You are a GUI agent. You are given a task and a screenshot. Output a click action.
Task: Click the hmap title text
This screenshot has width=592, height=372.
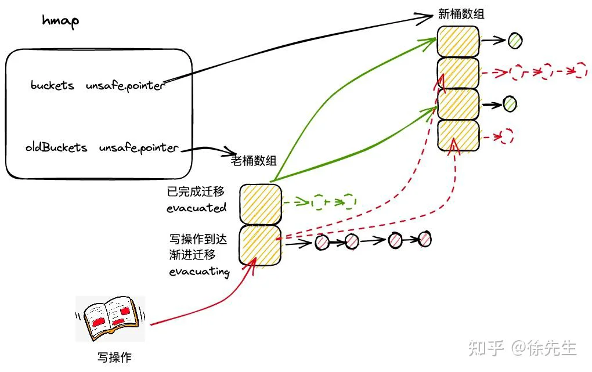60,21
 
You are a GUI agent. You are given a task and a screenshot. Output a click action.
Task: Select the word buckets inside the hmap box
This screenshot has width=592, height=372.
52,85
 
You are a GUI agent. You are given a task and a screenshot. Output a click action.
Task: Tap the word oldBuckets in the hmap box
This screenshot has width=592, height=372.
56,147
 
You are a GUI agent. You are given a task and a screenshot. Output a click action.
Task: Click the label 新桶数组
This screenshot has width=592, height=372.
461,14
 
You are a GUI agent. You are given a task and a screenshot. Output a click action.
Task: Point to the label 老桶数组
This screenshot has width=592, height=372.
254,161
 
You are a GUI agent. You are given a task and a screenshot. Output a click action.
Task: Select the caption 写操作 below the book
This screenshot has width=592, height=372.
114,357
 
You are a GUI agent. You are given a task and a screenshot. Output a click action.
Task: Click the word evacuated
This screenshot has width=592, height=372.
196,208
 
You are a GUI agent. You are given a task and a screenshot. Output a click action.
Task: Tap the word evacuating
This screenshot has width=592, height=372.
199,271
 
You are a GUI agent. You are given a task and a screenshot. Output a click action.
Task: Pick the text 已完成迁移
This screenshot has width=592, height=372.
196,192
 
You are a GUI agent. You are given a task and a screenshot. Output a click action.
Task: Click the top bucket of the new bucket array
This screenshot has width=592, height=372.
459,42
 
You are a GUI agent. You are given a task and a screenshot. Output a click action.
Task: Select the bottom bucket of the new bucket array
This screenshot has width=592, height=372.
459,136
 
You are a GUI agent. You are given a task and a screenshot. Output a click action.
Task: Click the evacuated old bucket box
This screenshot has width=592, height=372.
261,204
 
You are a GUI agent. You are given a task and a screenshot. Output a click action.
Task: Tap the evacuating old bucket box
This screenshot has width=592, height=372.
260,245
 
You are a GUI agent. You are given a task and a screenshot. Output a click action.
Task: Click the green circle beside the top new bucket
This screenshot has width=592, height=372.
515,41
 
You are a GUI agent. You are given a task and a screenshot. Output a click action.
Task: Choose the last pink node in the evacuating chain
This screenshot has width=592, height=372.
425,239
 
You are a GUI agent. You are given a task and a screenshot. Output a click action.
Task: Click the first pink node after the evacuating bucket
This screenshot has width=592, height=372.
322,242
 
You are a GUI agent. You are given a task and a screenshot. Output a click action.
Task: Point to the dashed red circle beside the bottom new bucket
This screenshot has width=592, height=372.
507,136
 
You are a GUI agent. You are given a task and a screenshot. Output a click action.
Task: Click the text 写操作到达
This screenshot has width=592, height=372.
198,239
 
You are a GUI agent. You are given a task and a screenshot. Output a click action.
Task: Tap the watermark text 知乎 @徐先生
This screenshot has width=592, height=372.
522,348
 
